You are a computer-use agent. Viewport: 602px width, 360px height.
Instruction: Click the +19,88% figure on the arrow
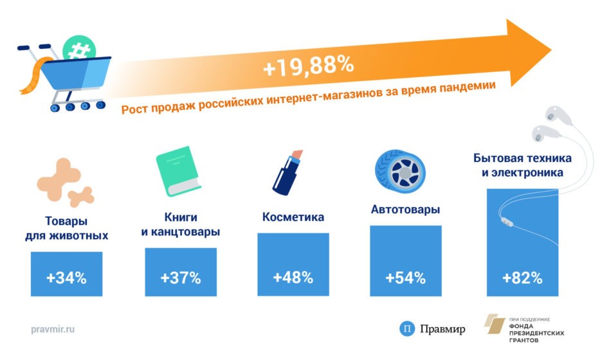click(x=308, y=66)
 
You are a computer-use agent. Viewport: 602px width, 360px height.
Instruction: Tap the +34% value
click(x=66, y=278)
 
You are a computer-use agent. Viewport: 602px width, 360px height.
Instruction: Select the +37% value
click(x=181, y=278)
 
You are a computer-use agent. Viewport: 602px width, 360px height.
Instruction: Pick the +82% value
click(x=522, y=278)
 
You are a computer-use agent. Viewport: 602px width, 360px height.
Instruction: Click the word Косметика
click(x=293, y=217)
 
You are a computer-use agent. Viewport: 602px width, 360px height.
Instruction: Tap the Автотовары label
click(x=406, y=210)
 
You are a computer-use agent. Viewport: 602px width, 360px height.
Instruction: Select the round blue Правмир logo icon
click(x=407, y=329)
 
